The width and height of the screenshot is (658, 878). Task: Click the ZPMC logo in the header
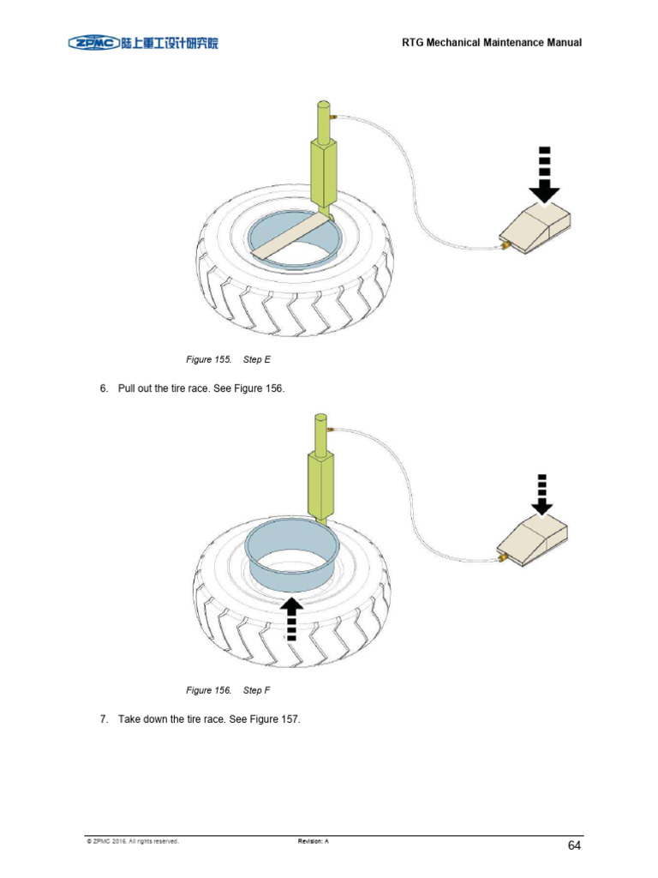tap(143, 41)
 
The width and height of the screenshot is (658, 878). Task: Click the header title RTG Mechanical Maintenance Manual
tap(491, 42)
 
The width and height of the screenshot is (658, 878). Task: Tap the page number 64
tap(573, 845)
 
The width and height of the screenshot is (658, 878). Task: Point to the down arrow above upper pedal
tap(543, 176)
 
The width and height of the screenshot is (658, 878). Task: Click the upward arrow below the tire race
tap(292, 618)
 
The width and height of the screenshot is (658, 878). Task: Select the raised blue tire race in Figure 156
tap(290, 549)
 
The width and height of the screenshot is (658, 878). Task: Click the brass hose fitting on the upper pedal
tap(504, 245)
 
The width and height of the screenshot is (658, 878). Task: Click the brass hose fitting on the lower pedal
tap(502, 558)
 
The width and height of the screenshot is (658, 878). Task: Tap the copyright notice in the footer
tap(132, 841)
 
